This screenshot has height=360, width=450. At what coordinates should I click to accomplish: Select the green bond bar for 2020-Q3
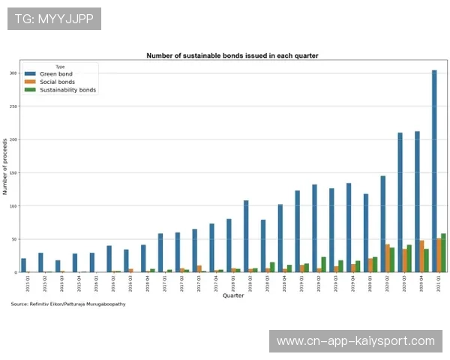400,202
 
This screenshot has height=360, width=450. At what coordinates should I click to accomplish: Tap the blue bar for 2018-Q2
246,236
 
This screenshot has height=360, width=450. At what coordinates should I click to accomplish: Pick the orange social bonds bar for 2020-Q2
388,258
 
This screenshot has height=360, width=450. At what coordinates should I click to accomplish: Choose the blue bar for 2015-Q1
24,265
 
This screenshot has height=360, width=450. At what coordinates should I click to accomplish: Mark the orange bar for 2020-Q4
421,256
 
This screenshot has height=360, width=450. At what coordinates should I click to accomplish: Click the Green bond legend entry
56,74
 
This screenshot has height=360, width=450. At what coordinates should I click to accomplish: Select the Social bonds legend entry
58,82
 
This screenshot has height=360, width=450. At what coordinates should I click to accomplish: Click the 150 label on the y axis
13,172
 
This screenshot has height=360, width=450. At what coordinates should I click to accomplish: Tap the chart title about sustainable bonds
232,55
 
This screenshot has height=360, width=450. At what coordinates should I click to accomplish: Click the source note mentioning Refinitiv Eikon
68,304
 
